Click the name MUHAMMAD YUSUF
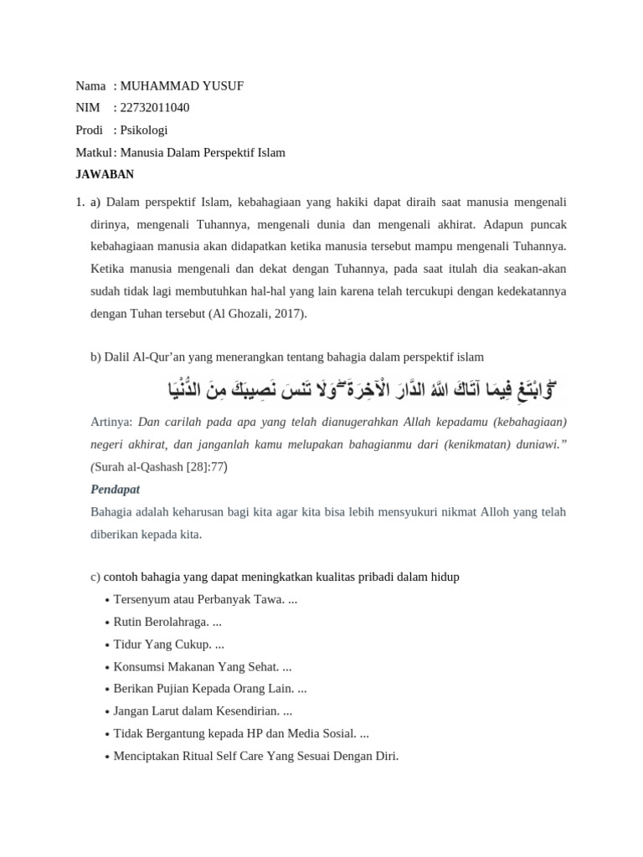click(x=182, y=86)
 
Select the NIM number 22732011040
click(x=155, y=108)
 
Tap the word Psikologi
click(x=144, y=130)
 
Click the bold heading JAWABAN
click(x=105, y=174)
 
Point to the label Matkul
click(x=92, y=152)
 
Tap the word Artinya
click(x=111, y=422)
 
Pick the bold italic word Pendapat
click(x=115, y=489)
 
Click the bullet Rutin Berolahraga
click(x=167, y=623)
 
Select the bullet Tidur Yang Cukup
click(x=168, y=644)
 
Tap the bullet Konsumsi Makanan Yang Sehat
click(x=202, y=667)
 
